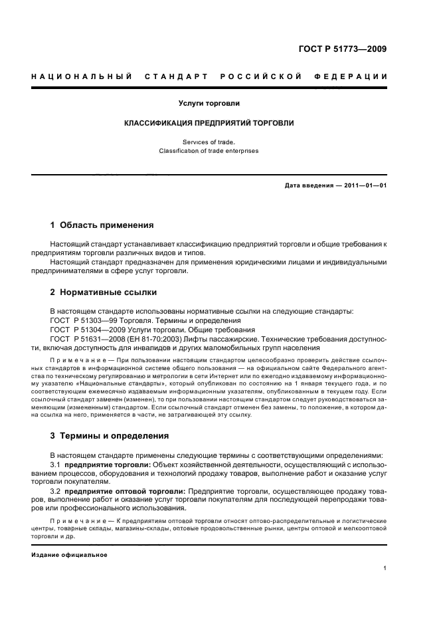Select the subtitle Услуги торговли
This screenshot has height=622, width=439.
209,103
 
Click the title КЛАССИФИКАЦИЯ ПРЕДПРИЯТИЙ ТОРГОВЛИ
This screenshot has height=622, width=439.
209,123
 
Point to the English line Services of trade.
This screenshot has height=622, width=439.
209,142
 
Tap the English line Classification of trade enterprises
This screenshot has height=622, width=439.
209,151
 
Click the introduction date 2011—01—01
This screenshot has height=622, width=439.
362,185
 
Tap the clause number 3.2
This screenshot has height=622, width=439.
56,491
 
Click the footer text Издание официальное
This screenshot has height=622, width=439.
69,554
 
